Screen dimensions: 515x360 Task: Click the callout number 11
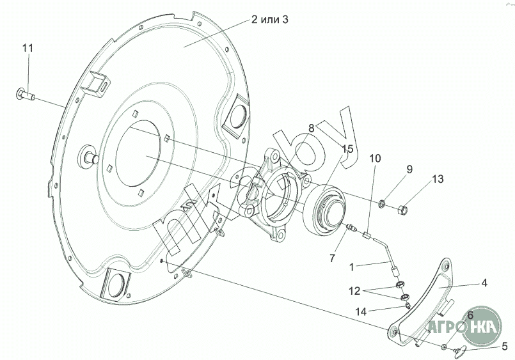pos(28,48)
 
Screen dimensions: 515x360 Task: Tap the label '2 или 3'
pos(269,20)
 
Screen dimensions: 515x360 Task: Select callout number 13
pos(438,179)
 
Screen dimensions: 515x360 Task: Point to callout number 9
pos(409,169)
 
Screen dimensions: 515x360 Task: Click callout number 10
pos(375,159)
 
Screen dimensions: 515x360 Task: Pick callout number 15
pos(347,150)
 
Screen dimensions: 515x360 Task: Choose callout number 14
pos(361,312)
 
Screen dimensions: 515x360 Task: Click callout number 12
pos(354,291)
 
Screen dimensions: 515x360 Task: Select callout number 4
pos(484,283)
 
